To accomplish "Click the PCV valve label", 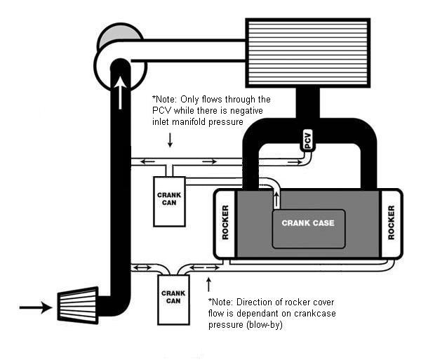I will click(x=307, y=140).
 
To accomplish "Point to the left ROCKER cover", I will click(x=225, y=223).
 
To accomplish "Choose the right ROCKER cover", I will click(x=391, y=223).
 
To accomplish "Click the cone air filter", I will click(x=77, y=305).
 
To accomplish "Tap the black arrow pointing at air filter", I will click(x=35, y=307).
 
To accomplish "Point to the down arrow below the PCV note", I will click(x=169, y=140).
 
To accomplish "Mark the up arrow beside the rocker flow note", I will click(x=208, y=284).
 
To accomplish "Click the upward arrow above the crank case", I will click(x=276, y=199).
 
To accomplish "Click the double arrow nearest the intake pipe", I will click(x=140, y=267).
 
